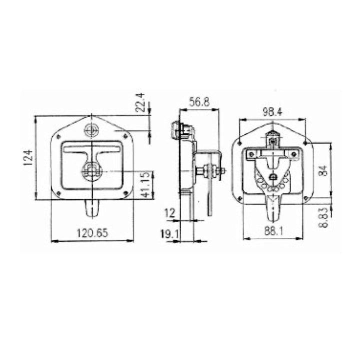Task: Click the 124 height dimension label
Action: (x=28, y=158)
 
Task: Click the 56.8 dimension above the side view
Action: (x=198, y=102)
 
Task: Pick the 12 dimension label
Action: (x=169, y=213)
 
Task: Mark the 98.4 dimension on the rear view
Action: (x=272, y=112)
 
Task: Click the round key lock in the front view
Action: (x=91, y=130)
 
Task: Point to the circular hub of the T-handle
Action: (x=91, y=171)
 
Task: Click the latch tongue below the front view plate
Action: (x=91, y=209)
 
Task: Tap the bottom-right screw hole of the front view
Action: (x=125, y=193)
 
